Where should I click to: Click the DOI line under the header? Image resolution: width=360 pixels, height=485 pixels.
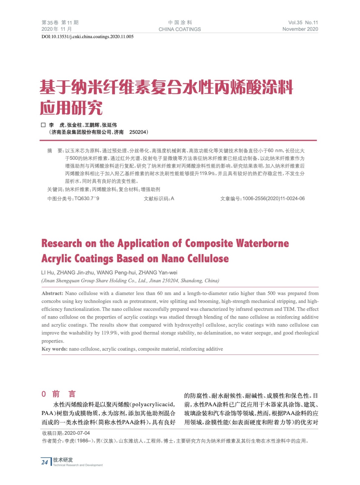coord(87,37)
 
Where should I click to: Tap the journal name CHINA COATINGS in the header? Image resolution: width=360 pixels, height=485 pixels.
coord(180,29)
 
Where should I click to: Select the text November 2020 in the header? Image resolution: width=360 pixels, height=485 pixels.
coord(300,29)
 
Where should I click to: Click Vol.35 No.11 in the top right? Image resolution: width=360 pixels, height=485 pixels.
coord(303,22)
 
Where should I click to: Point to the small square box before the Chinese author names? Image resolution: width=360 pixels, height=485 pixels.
coord(43,125)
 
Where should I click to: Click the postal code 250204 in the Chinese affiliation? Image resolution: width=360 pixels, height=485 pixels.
coord(138,132)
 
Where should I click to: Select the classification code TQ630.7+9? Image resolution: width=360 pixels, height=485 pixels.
coord(87,199)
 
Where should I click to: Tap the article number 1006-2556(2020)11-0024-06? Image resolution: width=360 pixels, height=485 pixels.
coord(274,199)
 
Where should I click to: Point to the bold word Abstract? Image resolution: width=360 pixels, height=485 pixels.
coord(52,293)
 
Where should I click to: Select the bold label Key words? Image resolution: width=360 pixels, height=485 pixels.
coord(55,349)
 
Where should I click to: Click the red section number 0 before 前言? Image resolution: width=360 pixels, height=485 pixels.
coord(44,394)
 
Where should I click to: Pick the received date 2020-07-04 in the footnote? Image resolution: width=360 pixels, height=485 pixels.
coord(77,433)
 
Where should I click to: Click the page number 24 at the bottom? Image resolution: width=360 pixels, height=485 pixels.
coord(45,462)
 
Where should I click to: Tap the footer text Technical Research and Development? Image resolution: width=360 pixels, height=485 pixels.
coord(78,465)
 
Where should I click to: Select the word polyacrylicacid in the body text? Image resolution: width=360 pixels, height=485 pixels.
coord(153,404)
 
